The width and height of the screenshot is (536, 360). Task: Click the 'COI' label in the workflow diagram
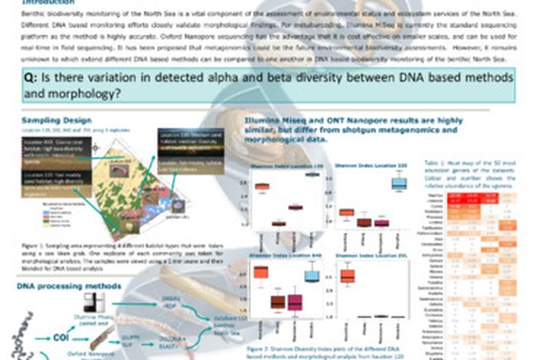pyautogui.click(x=62, y=334)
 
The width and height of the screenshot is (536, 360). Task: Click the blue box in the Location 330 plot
pyautogui.click(x=399, y=183)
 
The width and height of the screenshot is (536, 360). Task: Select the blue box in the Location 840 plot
pyautogui.click(x=312, y=275)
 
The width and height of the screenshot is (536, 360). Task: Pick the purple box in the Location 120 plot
pyautogui.click(x=295, y=207)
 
